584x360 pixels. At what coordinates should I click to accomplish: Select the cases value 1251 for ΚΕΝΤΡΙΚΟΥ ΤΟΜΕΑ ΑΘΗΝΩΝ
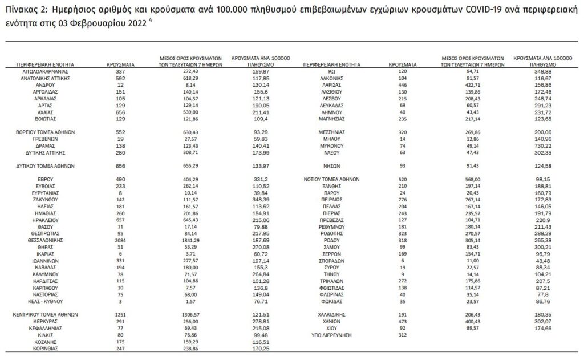[x=121, y=314]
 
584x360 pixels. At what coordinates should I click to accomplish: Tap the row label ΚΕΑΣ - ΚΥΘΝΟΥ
[x=44, y=302]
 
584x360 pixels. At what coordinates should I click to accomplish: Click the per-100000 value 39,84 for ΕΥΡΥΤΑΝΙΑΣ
[x=259, y=193]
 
